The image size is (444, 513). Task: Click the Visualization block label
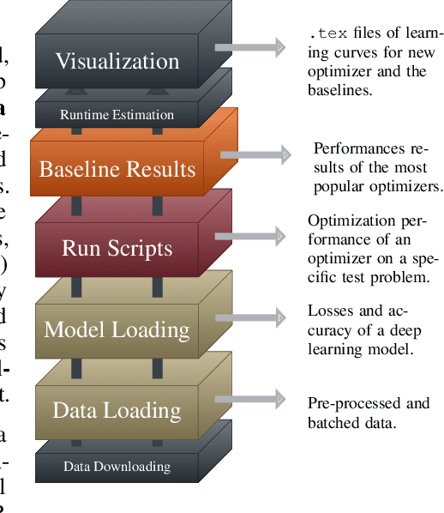pos(117,62)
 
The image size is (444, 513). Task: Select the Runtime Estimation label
pos(117,115)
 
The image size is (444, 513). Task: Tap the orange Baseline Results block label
pos(117,168)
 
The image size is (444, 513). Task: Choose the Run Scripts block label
pos(117,249)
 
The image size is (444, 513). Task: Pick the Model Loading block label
pos(117,329)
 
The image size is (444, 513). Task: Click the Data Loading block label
pos(117,410)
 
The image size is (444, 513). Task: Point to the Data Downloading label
pos(117,467)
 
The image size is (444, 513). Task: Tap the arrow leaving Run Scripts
pos(250,235)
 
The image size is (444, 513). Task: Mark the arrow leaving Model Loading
pos(250,317)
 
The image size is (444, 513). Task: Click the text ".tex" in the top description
pos(326,35)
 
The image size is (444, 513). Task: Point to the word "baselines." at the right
pos(342,89)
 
